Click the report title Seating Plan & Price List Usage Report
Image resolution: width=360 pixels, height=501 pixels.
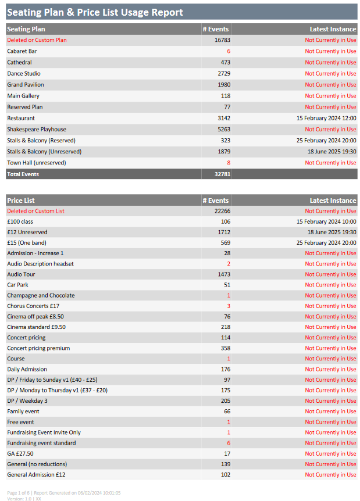[x=95, y=12]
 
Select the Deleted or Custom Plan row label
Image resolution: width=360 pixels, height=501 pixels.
[x=37, y=40]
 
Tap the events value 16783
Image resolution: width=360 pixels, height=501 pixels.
[x=223, y=40]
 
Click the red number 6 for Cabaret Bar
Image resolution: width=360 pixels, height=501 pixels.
[x=229, y=51]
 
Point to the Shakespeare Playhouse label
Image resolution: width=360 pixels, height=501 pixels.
[x=37, y=130]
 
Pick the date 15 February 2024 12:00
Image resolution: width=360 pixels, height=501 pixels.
[x=326, y=118]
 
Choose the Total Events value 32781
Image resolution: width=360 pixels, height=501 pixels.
[x=223, y=174]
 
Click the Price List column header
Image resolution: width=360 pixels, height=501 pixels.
[x=21, y=201]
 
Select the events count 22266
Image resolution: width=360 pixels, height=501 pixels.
[x=223, y=211]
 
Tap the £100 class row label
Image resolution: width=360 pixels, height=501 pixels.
[x=20, y=221]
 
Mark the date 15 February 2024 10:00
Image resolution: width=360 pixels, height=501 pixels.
[x=326, y=221]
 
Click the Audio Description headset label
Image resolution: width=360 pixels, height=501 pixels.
[x=40, y=264]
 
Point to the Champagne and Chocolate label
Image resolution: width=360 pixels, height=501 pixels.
[x=41, y=295]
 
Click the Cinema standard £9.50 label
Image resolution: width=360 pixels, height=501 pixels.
[x=37, y=327]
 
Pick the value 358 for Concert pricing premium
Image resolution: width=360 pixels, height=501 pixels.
[x=226, y=348]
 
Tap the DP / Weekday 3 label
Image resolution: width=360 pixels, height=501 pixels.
[x=27, y=400]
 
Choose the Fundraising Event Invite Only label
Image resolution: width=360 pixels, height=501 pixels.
[x=44, y=432]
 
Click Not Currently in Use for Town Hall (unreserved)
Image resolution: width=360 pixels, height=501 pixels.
[x=330, y=163]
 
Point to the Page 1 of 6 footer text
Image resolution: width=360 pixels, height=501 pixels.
[x=18, y=493]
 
